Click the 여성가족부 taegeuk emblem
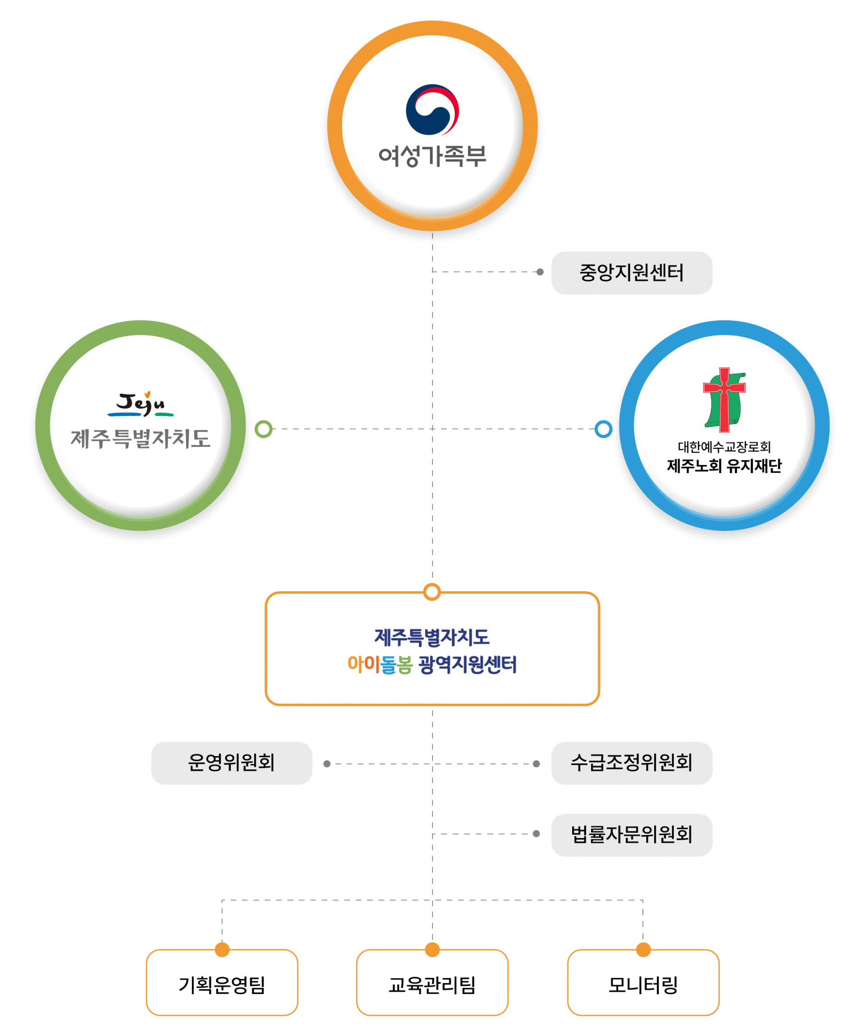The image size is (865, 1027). [x=432, y=110]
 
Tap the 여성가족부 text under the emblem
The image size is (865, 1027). [x=432, y=156]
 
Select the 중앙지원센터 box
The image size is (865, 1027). [x=632, y=273]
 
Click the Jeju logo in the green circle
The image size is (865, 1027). [x=141, y=404]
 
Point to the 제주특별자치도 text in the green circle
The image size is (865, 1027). [x=141, y=438]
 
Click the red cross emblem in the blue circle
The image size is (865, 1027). [x=724, y=400]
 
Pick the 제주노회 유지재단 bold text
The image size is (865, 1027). [x=724, y=466]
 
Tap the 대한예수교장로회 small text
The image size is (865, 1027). [x=724, y=447]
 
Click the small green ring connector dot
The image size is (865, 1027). [x=264, y=429]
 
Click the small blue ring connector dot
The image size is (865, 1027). [x=603, y=429]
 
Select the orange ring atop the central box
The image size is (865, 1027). [x=432, y=592]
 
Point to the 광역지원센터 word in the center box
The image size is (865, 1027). [x=467, y=665]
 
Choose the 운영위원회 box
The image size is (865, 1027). [x=232, y=763]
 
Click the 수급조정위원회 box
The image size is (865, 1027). [x=632, y=763]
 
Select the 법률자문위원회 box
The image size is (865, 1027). [x=632, y=835]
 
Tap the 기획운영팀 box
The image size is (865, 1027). [x=222, y=984]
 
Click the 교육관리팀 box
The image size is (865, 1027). [x=432, y=984]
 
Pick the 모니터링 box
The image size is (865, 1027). [x=643, y=984]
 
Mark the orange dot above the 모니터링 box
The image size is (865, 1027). [x=643, y=949]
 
